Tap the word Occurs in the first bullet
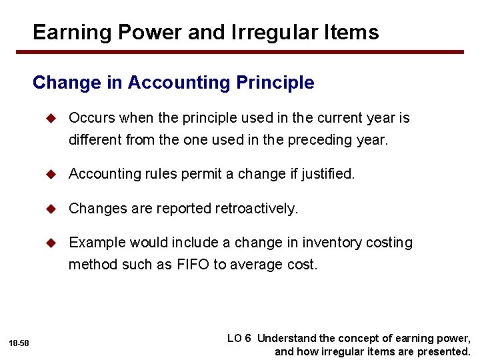pyautogui.click(x=91, y=118)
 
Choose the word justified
pyautogui.click(x=328, y=174)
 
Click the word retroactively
pyautogui.click(x=257, y=209)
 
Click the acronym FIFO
pyautogui.click(x=193, y=265)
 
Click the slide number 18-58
pyautogui.click(x=19, y=343)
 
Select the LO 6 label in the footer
pyautogui.click(x=239, y=339)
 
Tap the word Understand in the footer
pyautogui.click(x=288, y=339)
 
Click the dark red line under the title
pyautogui.click(x=248, y=52)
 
